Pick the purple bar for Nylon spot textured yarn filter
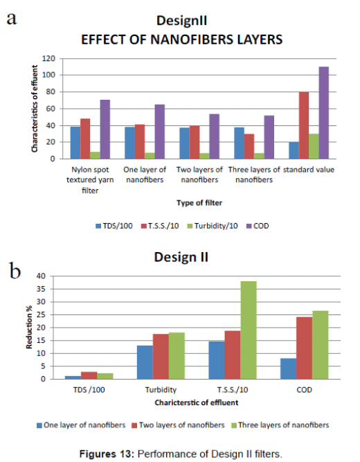tap(105, 130)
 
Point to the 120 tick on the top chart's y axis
tap(50, 58)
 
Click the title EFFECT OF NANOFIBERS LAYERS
tap(181, 39)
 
